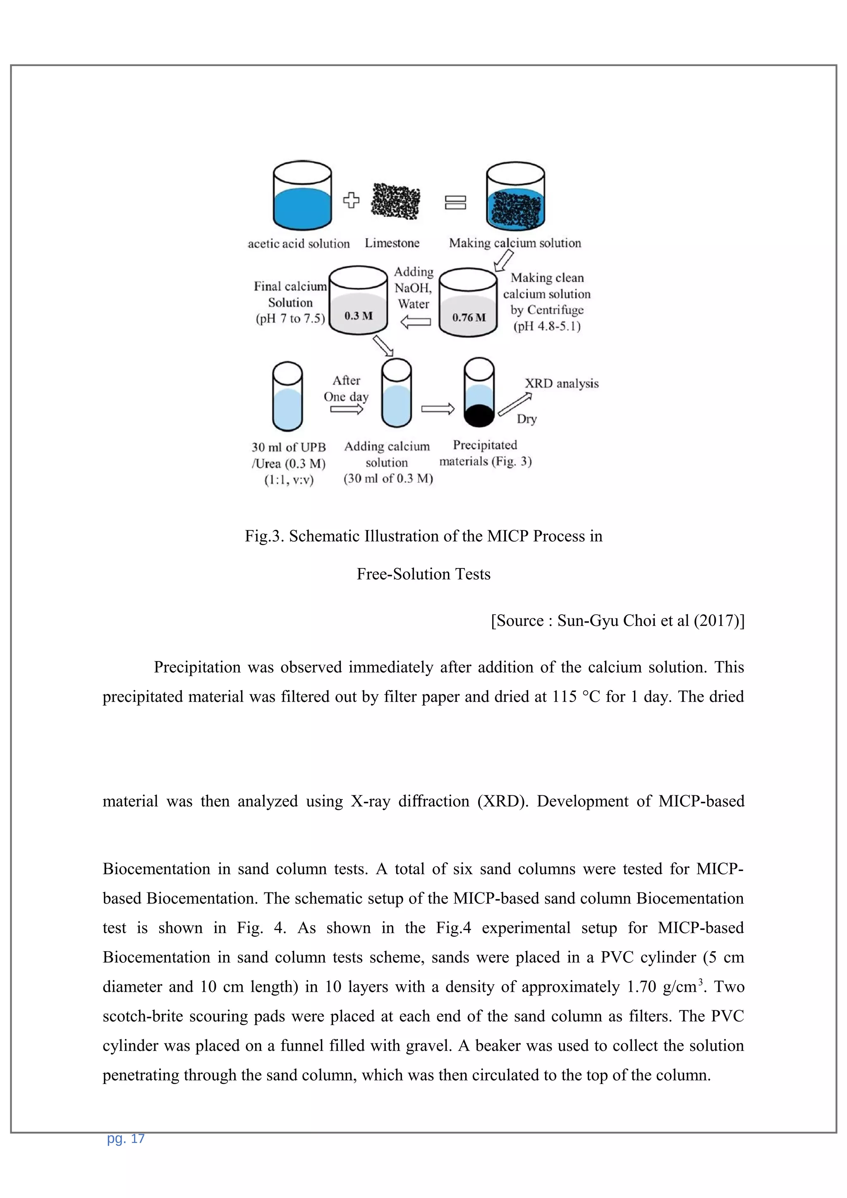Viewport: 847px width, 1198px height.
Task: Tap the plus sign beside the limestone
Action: click(351, 200)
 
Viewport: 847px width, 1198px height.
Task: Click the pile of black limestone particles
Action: click(395, 201)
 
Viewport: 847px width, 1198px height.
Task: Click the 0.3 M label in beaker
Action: click(359, 316)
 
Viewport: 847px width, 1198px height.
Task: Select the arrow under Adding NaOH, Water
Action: click(415, 322)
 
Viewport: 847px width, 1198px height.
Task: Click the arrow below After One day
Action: click(347, 410)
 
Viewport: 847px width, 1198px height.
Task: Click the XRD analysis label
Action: click(562, 384)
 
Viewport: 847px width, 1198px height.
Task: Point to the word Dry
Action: click(526, 419)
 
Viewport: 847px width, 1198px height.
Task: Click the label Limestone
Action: click(392, 243)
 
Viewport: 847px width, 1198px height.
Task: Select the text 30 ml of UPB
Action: click(289, 447)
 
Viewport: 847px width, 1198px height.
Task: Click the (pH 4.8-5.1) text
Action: click(547, 327)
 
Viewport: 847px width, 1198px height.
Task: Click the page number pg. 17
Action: click(126, 1138)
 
